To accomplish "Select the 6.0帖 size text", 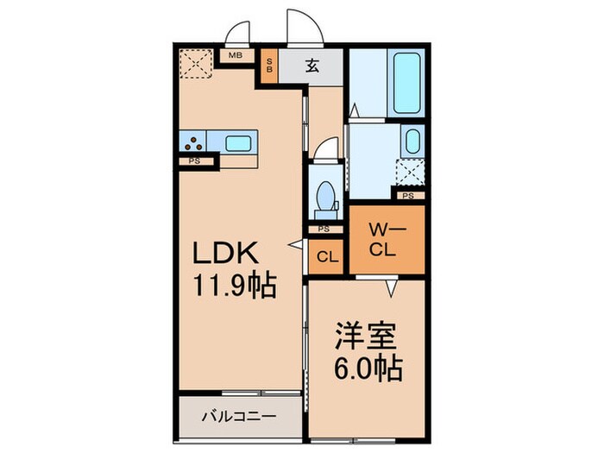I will pyautogui.click(x=366, y=369).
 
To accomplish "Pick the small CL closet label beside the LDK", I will pyautogui.click(x=326, y=256).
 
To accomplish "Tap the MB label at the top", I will pyautogui.click(x=235, y=56).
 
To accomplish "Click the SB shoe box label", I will pyautogui.click(x=269, y=66).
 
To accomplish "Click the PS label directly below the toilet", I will pyautogui.click(x=324, y=229).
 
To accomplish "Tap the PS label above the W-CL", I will pyautogui.click(x=408, y=195).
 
